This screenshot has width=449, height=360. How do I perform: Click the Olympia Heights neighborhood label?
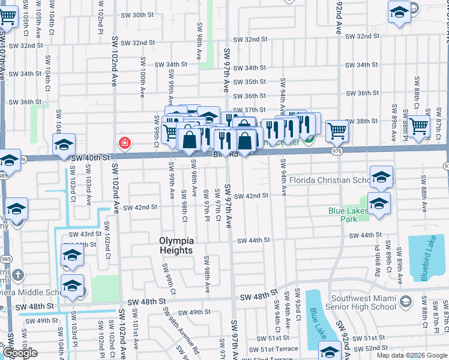coord(176,245)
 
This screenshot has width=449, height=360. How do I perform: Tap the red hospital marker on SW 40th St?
coord(124,143)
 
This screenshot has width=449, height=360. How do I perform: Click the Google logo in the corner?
coord(19,353)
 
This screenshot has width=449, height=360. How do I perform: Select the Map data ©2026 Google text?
coord(412,355)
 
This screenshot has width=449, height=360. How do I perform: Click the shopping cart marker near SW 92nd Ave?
coord(337,129)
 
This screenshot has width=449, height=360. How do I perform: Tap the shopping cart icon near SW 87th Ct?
coord(419,125)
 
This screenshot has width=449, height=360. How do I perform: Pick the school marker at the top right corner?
coord(399,12)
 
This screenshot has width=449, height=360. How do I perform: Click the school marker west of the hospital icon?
coord(64,144)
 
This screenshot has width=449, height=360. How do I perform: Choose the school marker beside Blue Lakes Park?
coord(379,203)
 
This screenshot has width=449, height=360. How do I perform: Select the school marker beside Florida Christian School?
coord(381,176)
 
